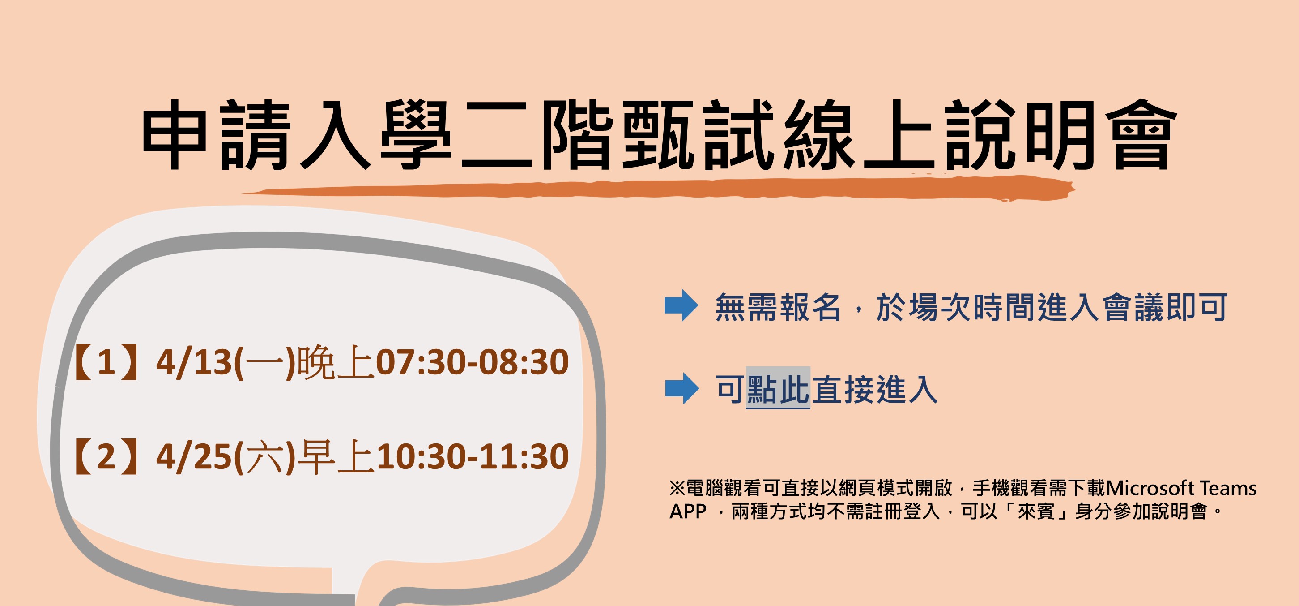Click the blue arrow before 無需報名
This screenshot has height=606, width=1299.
click(681, 306)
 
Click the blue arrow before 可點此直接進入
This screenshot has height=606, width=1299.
click(682, 388)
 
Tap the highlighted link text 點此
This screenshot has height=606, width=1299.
click(778, 389)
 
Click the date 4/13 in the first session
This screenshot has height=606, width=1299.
click(194, 362)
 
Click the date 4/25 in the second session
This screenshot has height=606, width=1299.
click(194, 457)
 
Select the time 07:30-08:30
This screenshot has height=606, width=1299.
click(472, 362)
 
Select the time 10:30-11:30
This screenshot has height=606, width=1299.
click(472, 457)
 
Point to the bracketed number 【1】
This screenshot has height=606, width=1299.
click(106, 362)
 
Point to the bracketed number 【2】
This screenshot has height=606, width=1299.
click(106, 457)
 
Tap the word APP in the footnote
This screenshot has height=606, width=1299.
click(688, 511)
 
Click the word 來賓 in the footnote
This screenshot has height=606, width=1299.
click(1036, 511)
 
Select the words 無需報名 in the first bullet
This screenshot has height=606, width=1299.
click(778, 307)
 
